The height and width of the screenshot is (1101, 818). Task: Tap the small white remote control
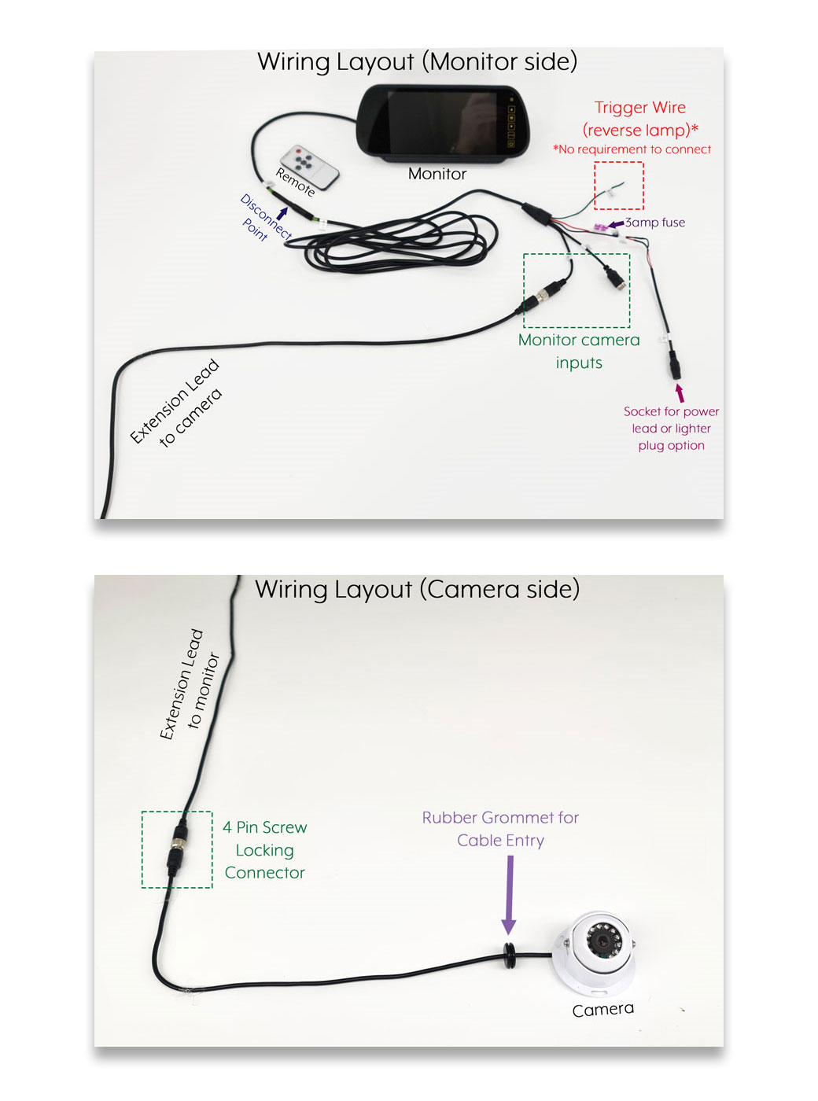[309, 166]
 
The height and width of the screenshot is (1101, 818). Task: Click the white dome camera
[595, 949]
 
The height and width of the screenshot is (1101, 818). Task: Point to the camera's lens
[604, 939]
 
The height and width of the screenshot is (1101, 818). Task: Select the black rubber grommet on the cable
[509, 952]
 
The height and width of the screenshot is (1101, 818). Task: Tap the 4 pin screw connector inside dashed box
[178, 849]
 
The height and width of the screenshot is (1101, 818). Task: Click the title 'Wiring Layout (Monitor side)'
[417, 61]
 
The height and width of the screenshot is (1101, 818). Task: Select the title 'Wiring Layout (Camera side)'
[417, 589]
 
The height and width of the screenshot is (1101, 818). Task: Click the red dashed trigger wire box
[618, 186]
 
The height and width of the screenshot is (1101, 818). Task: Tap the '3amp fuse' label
[654, 223]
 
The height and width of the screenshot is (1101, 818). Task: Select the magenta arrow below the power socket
[680, 392]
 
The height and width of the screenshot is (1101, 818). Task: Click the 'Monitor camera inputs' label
[579, 351]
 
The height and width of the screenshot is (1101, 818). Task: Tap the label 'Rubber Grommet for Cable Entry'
[500, 829]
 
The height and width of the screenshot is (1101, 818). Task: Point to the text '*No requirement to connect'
[632, 149]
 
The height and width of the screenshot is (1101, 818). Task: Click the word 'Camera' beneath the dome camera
[602, 1010]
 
